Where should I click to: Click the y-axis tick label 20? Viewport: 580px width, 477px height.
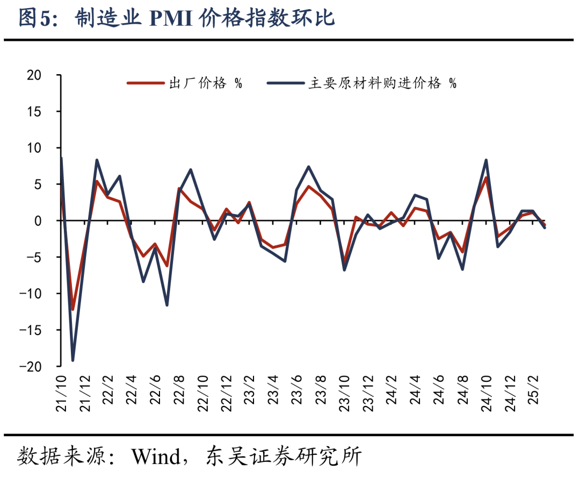click(33, 75)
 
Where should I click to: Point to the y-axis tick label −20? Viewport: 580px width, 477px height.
click(30, 366)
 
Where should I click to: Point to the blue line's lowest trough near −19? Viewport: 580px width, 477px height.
click(73, 360)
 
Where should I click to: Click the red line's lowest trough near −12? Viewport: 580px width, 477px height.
click(73, 309)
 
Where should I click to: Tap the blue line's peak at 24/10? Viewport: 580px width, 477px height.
click(486, 160)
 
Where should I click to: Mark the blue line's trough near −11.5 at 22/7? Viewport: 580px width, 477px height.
click(167, 305)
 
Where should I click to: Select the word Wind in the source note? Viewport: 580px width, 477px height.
click(156, 458)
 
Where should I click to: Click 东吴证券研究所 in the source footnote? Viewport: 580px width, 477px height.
click(284, 458)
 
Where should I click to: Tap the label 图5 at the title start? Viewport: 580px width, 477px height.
click(33, 19)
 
